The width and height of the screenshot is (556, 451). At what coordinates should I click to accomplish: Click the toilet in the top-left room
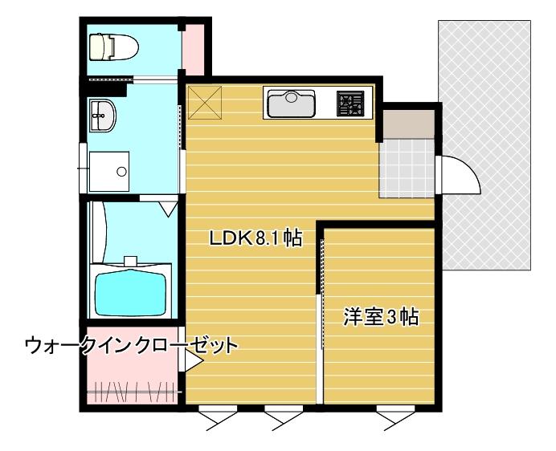click(112, 47)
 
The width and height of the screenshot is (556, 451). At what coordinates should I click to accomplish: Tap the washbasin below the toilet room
click(104, 117)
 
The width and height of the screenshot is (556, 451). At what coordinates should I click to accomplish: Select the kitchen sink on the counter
click(290, 104)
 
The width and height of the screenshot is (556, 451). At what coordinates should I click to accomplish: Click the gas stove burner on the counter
click(350, 103)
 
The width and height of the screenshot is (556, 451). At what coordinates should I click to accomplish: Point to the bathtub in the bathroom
click(132, 294)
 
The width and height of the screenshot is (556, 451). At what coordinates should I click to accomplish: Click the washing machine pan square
click(108, 171)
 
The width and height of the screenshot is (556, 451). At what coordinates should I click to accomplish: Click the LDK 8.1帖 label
click(256, 238)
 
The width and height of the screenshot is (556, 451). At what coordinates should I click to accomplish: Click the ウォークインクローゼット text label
click(132, 346)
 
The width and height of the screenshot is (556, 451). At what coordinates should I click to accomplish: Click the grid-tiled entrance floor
click(407, 168)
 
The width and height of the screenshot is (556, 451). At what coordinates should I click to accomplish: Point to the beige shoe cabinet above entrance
click(407, 123)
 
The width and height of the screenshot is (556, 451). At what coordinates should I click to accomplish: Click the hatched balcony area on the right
click(485, 144)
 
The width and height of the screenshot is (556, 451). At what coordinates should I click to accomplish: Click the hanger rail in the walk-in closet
click(132, 393)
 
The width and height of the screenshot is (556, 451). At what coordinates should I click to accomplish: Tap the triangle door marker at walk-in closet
click(194, 364)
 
